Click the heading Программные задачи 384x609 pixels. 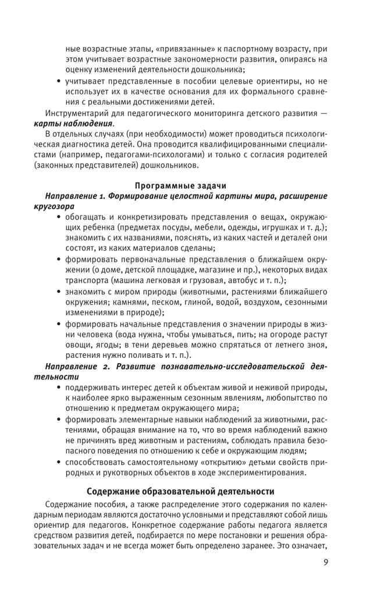click(x=180, y=185)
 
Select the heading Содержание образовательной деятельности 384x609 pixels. click(x=180, y=491)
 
